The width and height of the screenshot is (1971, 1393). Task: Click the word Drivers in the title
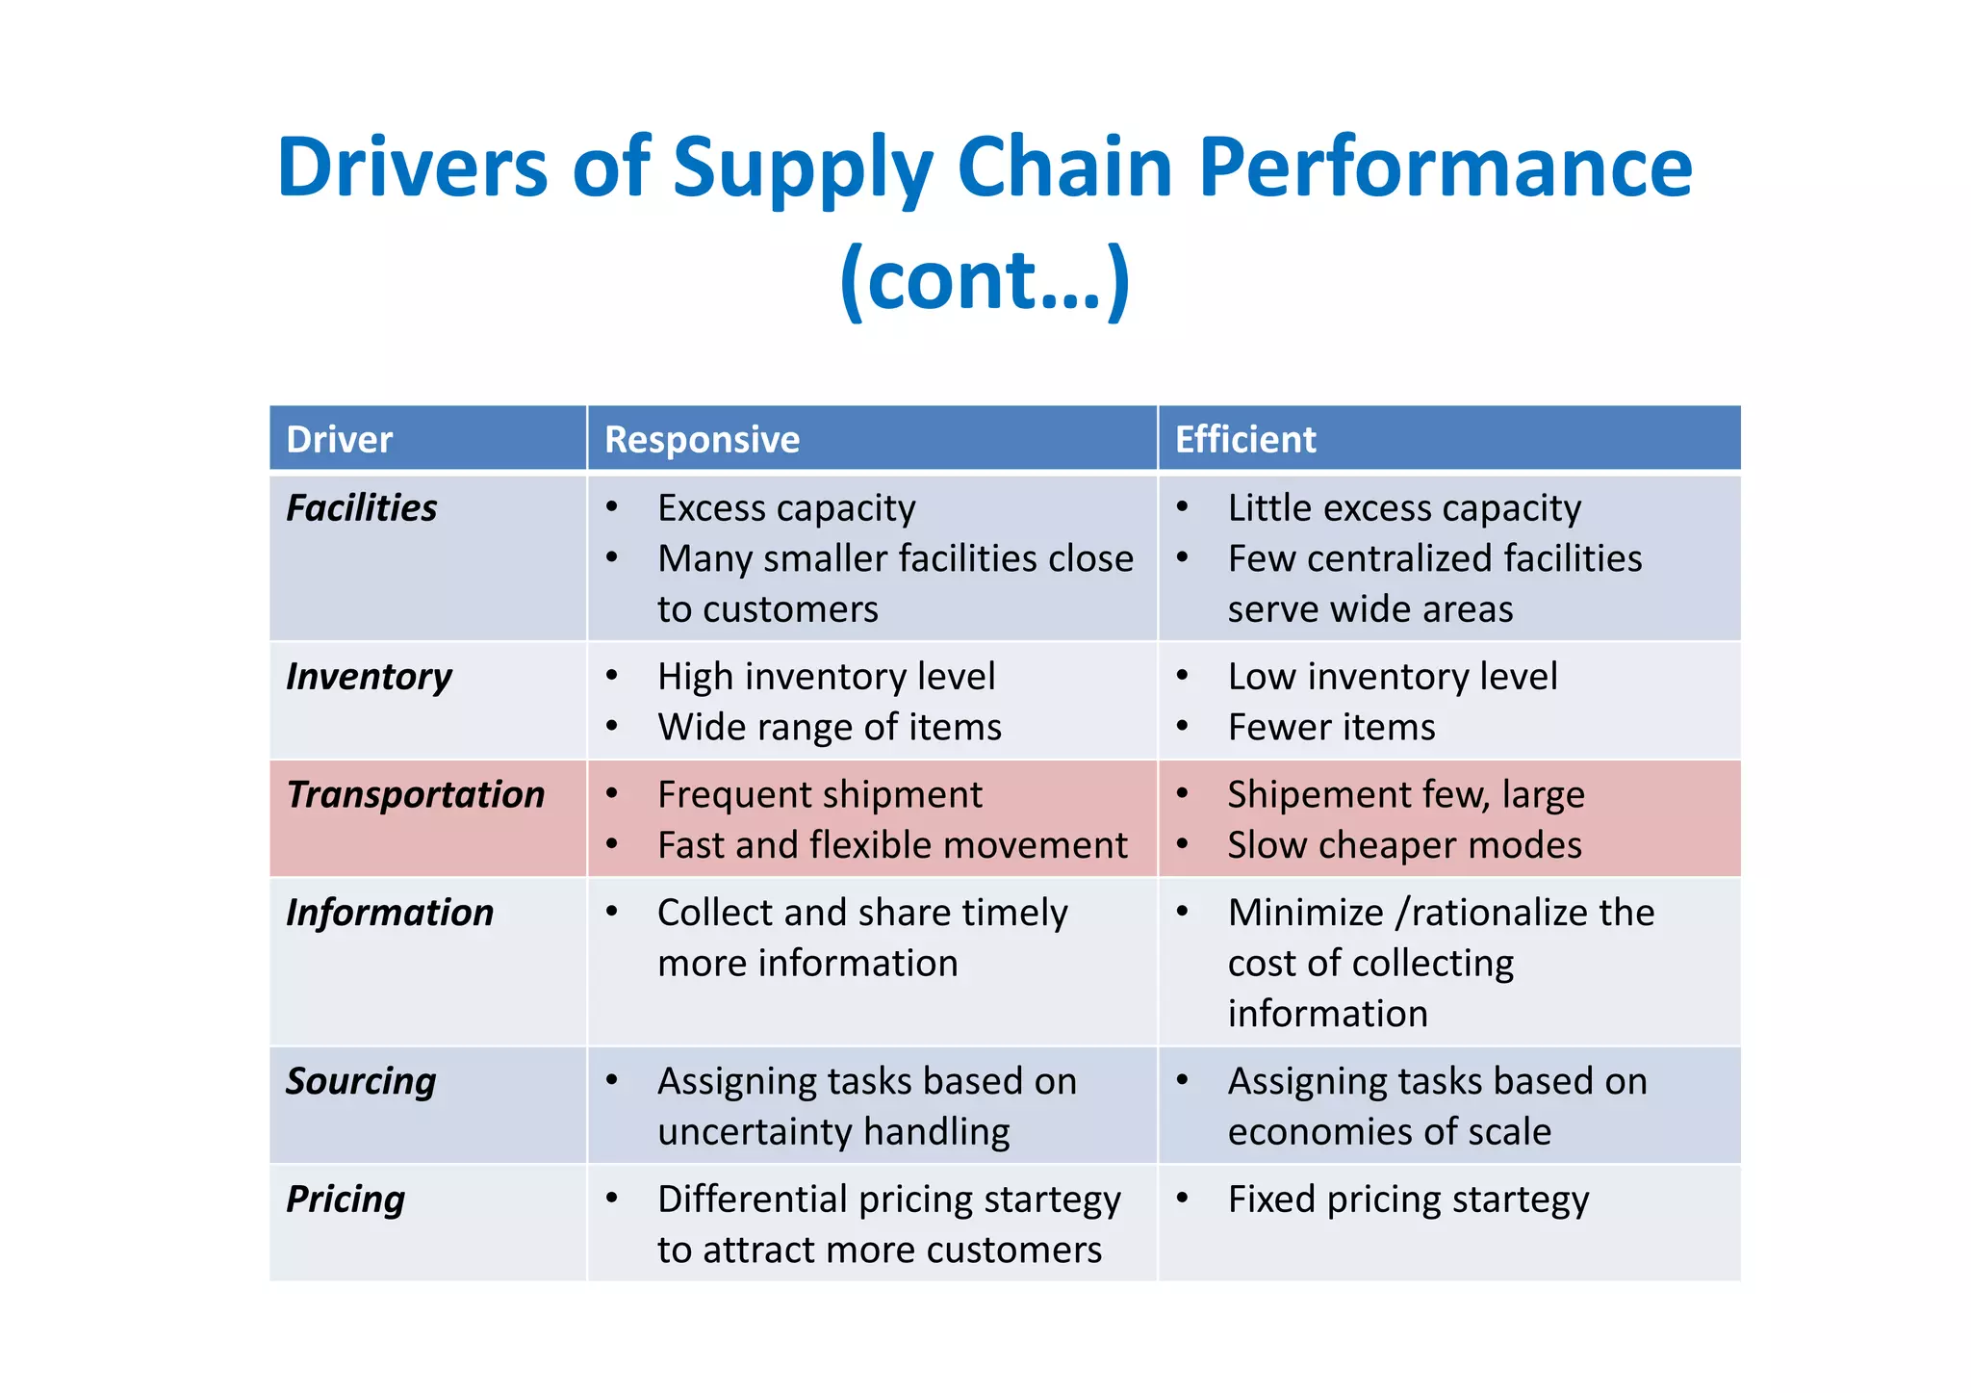click(x=412, y=167)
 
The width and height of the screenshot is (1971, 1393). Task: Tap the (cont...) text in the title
click(x=985, y=280)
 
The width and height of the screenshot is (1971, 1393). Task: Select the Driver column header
click(x=340, y=440)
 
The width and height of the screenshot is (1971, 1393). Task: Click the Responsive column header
click(x=702, y=440)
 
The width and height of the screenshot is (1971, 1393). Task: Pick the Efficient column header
click(x=1244, y=440)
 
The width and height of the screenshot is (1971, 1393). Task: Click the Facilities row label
click(x=361, y=508)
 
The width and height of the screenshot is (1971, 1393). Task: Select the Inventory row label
click(x=369, y=677)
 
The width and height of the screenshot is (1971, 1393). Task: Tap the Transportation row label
click(x=415, y=795)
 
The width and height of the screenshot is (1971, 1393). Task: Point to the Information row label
click(x=390, y=913)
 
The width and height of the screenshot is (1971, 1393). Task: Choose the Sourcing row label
click(x=361, y=1081)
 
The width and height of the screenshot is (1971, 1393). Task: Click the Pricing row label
click(x=346, y=1200)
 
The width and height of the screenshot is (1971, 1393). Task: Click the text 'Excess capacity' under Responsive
click(x=786, y=508)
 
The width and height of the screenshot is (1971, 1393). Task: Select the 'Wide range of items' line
click(x=829, y=727)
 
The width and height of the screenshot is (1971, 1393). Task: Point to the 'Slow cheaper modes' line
click(x=1404, y=845)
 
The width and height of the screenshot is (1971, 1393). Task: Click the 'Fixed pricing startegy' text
click(x=1408, y=1200)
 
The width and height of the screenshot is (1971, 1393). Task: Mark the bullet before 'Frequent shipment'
click(x=612, y=793)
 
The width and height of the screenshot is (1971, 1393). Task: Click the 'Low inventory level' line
click(x=1392, y=677)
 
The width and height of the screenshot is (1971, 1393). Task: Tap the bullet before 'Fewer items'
click(x=1183, y=725)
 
